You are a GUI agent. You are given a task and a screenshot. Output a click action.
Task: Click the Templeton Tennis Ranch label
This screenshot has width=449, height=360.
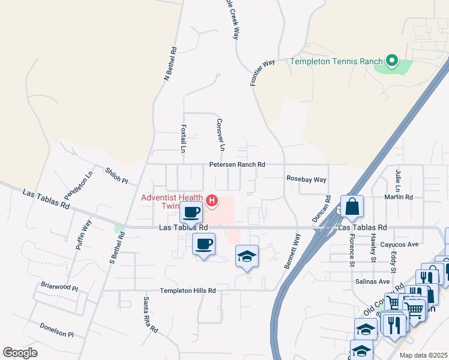(x=336, y=61)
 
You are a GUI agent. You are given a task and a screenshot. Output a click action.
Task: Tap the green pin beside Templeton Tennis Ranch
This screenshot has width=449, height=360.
(x=392, y=60)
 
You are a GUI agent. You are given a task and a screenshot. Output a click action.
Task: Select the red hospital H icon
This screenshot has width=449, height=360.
(x=212, y=201)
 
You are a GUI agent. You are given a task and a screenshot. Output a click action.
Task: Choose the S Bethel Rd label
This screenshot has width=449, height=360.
(x=116, y=248)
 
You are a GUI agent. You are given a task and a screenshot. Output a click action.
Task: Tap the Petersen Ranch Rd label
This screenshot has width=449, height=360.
(x=237, y=164)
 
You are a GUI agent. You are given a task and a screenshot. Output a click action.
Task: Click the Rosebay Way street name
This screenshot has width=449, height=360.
(x=306, y=179)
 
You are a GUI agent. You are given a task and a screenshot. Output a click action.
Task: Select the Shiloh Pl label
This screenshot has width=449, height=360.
(x=116, y=176)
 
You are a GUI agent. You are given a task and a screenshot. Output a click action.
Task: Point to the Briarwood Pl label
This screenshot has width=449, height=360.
(x=59, y=287)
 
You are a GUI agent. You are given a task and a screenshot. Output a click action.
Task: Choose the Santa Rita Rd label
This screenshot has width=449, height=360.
(x=150, y=314)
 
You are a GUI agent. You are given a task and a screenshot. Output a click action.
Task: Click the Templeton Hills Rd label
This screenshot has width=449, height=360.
(x=187, y=290)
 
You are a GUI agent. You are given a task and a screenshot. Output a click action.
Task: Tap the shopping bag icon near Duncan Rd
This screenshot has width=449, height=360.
(x=352, y=206)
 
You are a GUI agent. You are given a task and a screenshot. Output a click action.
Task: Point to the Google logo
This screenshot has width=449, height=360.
(x=20, y=353)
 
